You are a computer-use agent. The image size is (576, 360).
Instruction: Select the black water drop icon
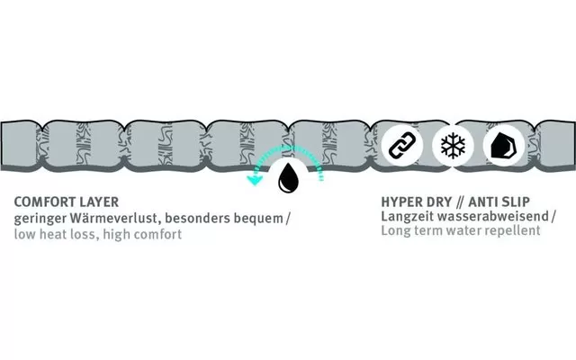coord(289,177)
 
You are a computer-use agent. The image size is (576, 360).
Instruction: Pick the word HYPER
coord(401,203)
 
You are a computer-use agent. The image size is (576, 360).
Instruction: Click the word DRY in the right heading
coord(443,203)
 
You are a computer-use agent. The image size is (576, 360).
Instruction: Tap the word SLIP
coord(524,203)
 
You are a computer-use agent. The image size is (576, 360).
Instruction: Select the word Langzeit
coord(407,218)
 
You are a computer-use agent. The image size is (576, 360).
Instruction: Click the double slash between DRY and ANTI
coord(466,203)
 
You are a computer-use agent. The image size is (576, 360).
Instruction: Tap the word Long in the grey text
coord(396,231)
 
